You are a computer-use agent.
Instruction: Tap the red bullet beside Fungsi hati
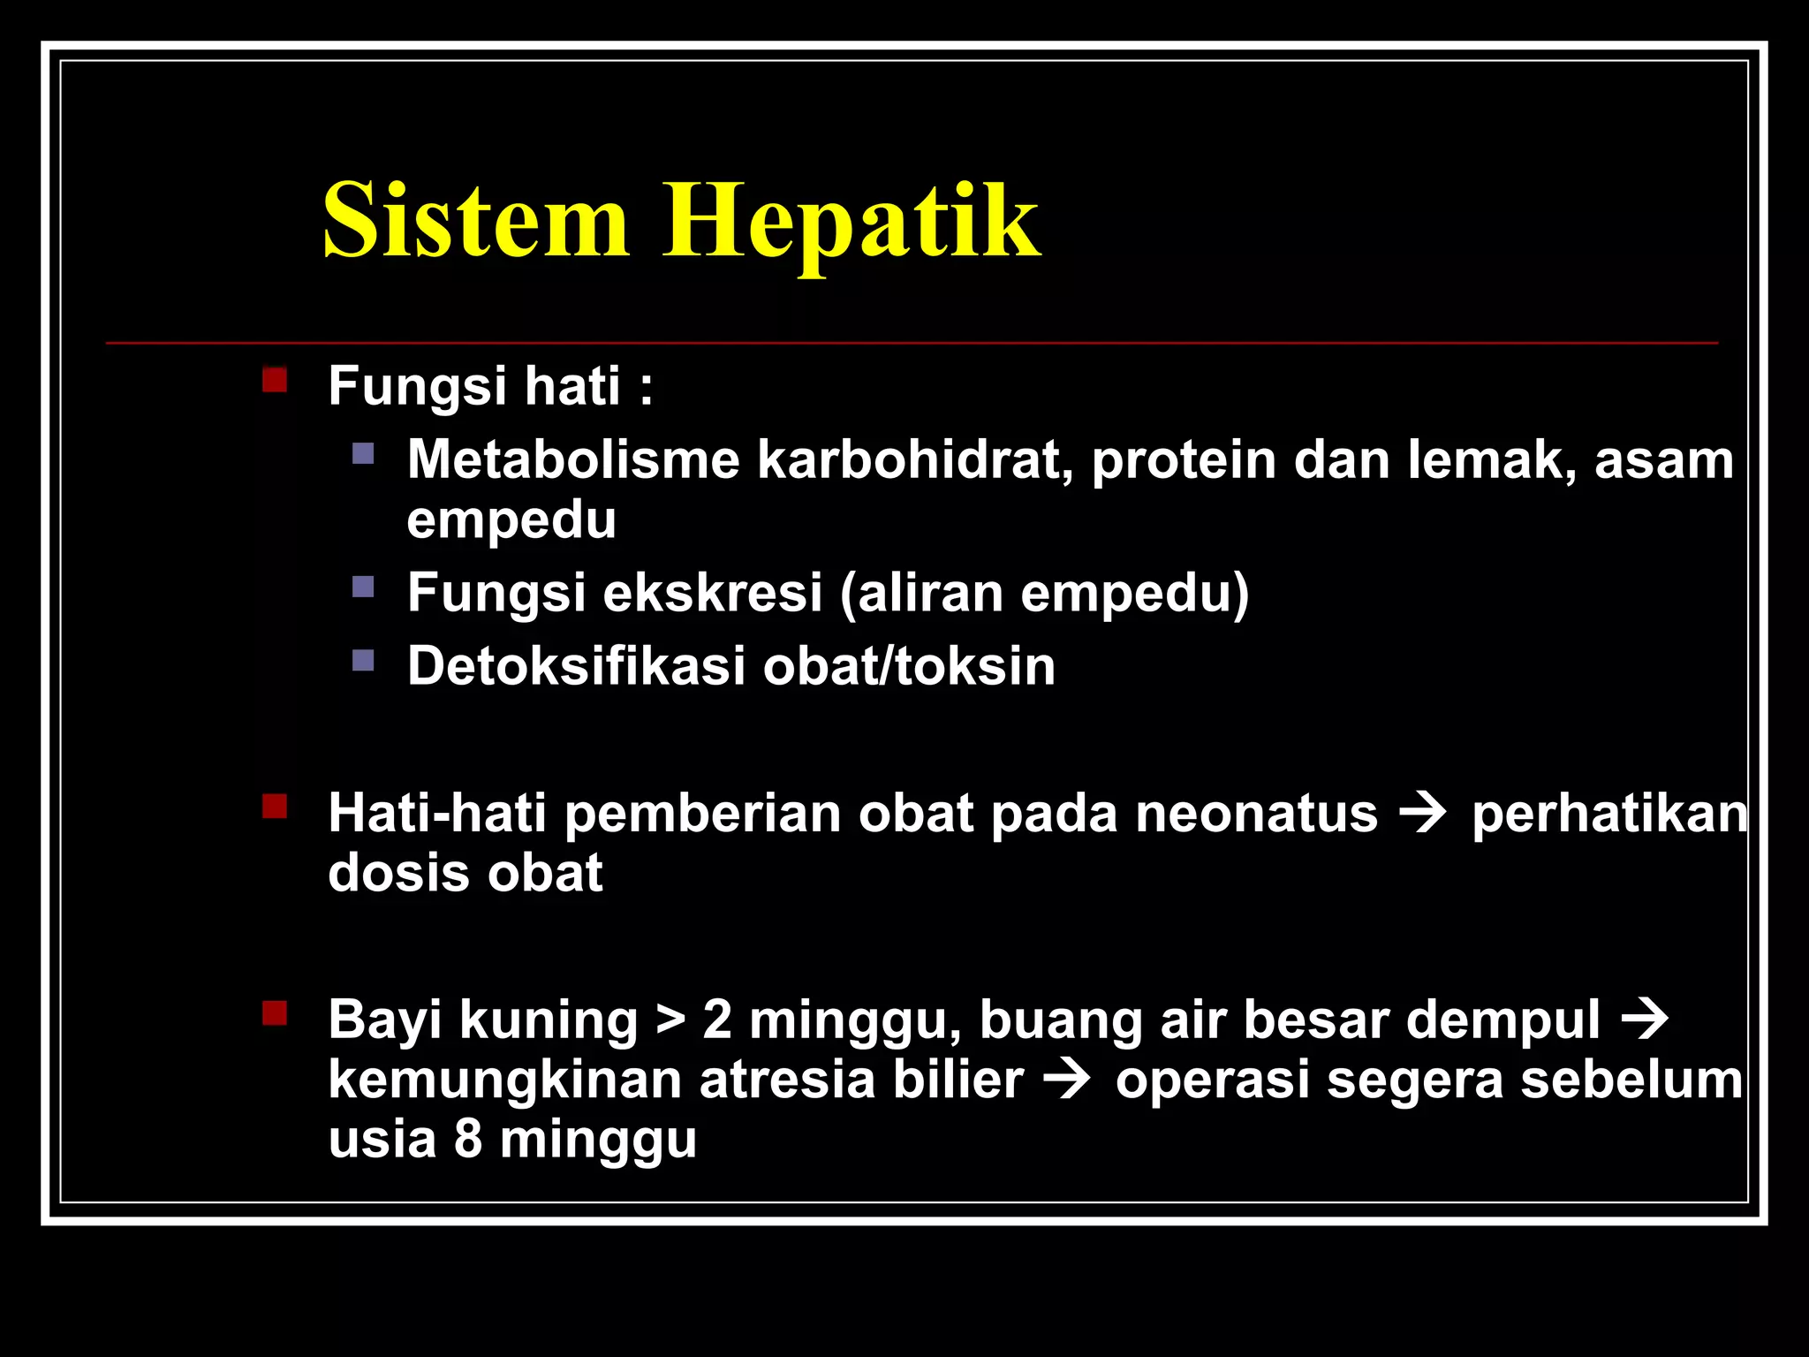point(275,380)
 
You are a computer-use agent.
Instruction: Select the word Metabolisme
point(573,459)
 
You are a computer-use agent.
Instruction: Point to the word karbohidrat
point(915,459)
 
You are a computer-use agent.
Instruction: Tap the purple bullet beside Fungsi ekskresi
point(363,587)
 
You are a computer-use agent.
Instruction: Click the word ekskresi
point(713,592)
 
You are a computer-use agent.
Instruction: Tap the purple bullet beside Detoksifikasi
point(363,660)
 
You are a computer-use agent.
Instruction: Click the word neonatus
point(1256,813)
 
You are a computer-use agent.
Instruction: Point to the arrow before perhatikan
point(1424,813)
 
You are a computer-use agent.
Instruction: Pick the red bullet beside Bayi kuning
point(275,1012)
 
